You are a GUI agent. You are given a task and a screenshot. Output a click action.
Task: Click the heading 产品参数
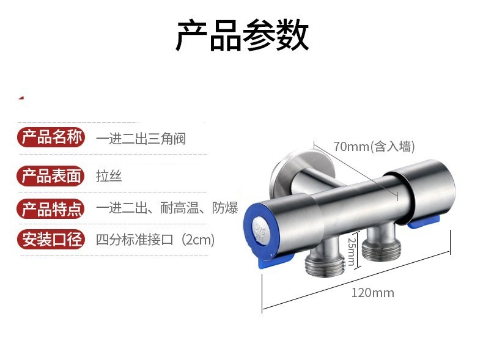242,35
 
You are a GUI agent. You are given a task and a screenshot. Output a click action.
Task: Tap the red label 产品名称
51,138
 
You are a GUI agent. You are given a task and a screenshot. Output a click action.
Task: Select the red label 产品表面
51,176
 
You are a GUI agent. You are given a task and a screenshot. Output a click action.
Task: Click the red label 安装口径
51,239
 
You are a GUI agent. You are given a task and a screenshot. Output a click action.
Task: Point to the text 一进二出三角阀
141,139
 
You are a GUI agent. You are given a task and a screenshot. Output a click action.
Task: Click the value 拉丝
109,177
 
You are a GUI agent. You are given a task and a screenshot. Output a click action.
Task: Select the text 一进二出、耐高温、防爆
167,208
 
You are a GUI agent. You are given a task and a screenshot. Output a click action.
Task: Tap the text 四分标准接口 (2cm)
155,239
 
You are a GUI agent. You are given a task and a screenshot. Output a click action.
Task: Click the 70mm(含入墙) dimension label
374,147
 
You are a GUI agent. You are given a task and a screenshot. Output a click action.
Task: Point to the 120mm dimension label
372,292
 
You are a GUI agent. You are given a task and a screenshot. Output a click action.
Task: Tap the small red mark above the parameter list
21,97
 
